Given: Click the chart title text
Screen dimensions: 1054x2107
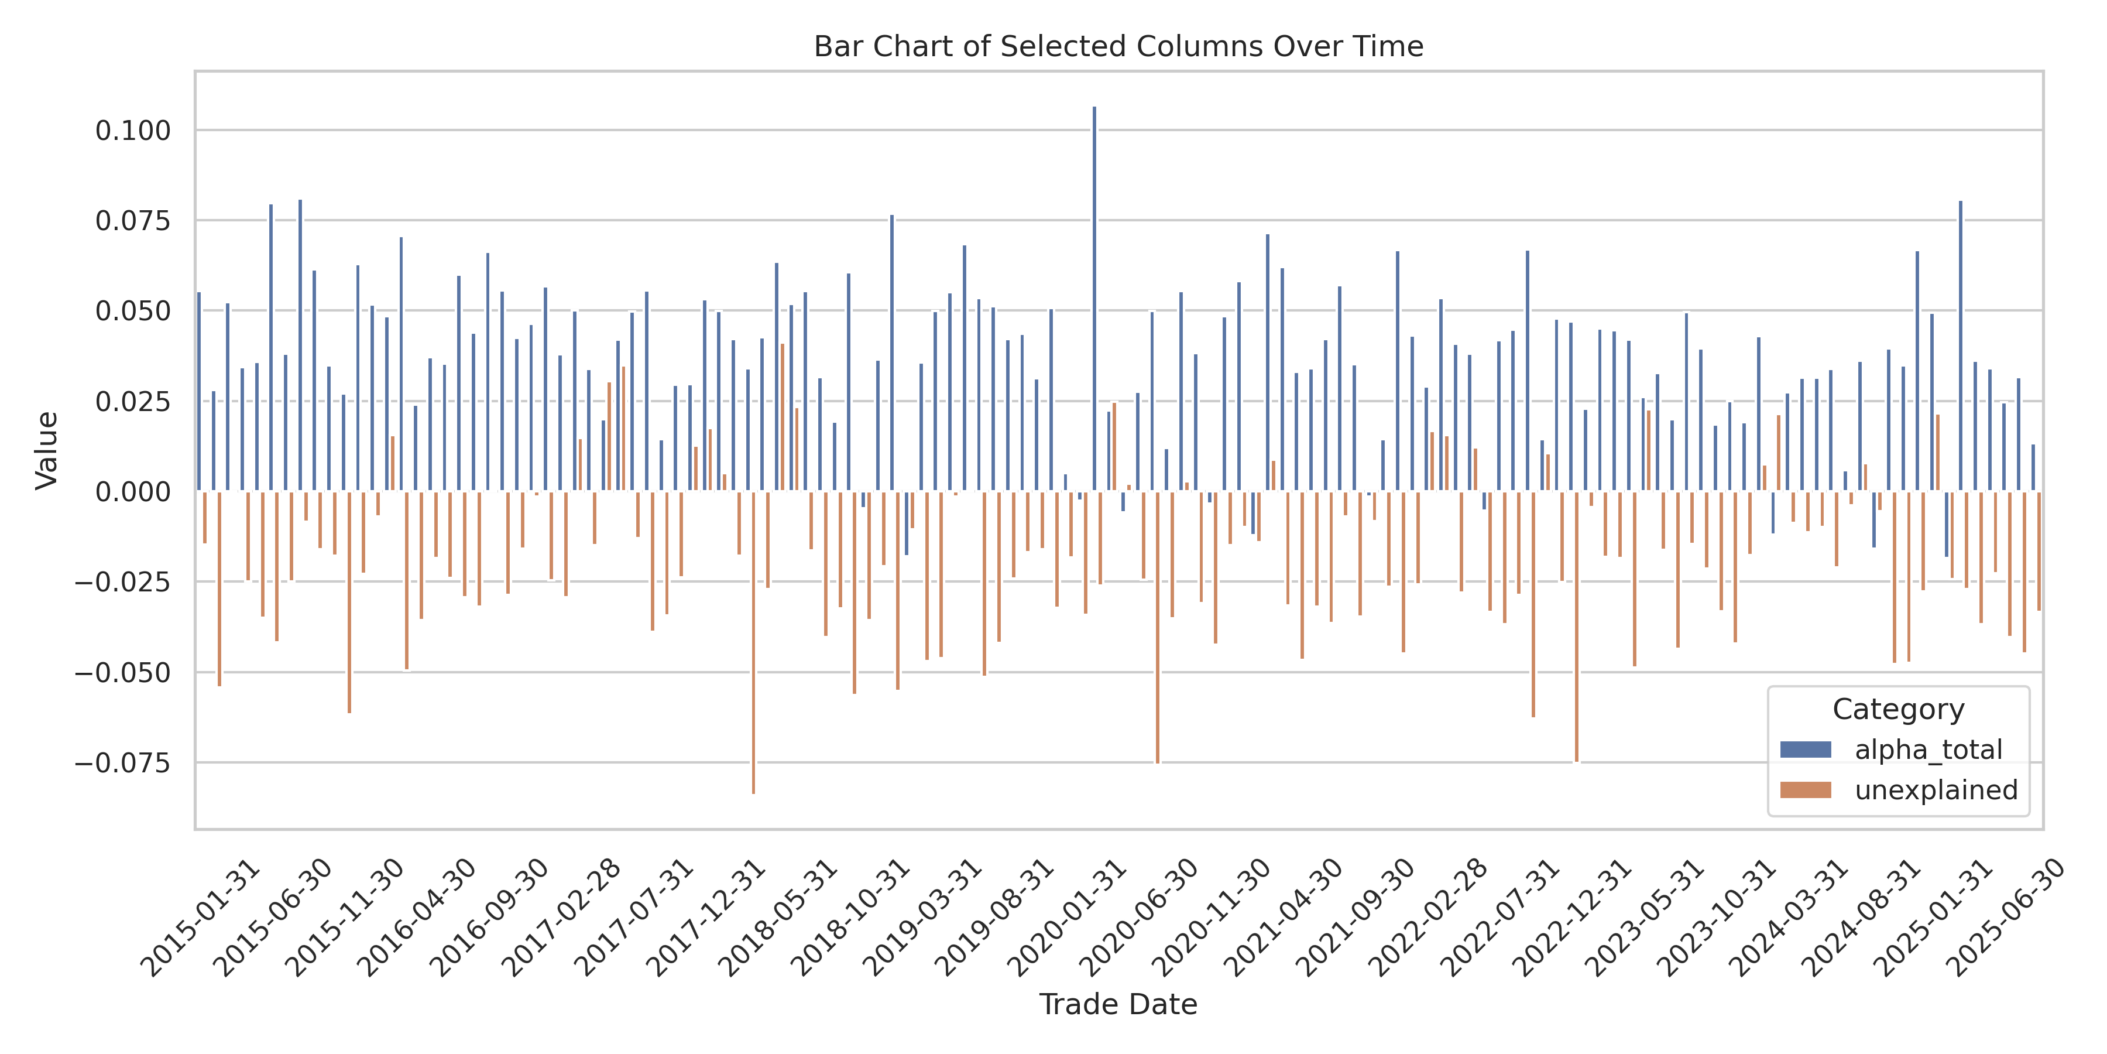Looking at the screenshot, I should [x=1118, y=47].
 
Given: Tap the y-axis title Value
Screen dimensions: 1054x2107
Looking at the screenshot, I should [x=47, y=450].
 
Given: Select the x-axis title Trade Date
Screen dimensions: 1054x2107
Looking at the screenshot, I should [x=1118, y=1004].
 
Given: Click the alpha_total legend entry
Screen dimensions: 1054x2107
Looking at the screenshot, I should [x=1928, y=750].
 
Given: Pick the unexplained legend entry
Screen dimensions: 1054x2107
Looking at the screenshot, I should [x=1936, y=790].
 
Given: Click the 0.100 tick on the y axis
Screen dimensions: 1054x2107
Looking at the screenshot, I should [x=133, y=130].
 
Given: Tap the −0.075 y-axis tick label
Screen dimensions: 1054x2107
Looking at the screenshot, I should [x=123, y=762].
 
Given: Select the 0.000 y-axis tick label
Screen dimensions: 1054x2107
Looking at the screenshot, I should [x=133, y=492].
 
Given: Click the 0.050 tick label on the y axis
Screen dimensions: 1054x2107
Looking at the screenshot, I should [x=133, y=311].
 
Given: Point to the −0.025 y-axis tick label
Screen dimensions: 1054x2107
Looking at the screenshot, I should [x=123, y=582].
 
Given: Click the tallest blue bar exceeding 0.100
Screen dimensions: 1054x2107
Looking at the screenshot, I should [x=1094, y=299].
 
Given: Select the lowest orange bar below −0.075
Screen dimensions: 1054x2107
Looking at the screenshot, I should [x=753, y=642].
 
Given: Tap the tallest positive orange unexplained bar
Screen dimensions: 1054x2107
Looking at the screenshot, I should [x=783, y=418].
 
